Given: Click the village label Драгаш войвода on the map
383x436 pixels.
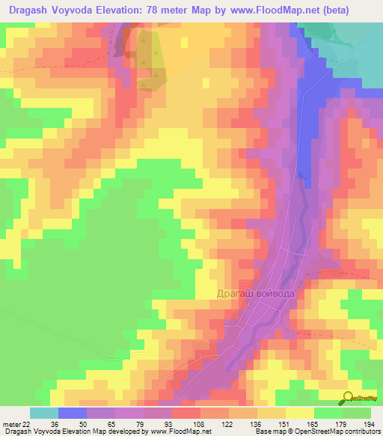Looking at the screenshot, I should pyautogui.click(x=261, y=294).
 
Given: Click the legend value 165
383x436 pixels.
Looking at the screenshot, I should pyautogui.click(x=314, y=425).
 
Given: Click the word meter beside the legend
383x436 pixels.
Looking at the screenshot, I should pyautogui.click(x=11, y=425).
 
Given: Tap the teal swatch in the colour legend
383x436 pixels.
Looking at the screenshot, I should pyautogui.click(x=44, y=413).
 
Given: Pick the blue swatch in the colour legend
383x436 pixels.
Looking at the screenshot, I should pyautogui.click(x=73, y=413).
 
